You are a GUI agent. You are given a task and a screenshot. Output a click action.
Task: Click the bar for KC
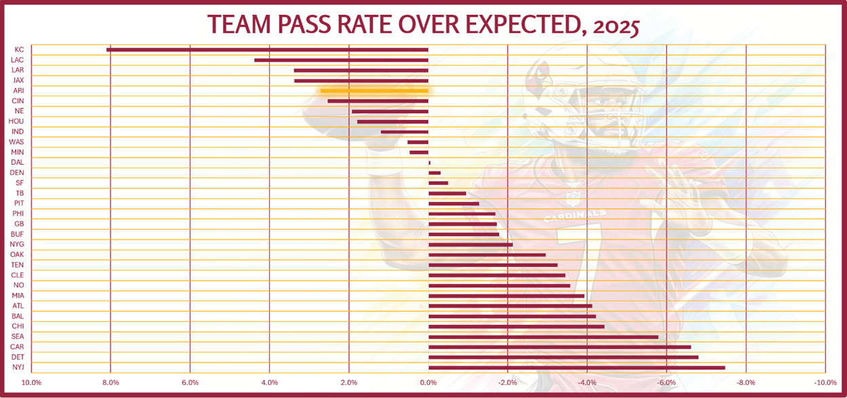point(267,49)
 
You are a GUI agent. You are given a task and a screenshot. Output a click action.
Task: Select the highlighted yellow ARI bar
point(374,91)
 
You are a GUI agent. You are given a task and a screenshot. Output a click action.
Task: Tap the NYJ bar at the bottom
point(576,367)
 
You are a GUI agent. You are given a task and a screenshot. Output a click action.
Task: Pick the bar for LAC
point(341,60)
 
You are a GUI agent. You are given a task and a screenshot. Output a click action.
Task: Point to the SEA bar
point(543,337)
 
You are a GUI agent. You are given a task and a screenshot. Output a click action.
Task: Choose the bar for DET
point(563,357)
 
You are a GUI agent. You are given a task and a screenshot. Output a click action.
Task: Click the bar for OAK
point(487,255)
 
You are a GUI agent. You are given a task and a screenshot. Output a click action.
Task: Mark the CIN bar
point(378,101)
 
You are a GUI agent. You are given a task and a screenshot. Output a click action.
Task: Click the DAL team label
point(18,163)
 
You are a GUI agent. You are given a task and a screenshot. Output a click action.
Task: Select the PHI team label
point(18,214)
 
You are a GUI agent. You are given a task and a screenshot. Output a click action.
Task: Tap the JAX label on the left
point(18,81)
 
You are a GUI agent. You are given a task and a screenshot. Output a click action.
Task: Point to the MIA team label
point(18,296)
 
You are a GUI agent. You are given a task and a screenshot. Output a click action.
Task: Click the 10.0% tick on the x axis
point(32,383)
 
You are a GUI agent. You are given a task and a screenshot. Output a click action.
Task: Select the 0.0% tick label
point(428,383)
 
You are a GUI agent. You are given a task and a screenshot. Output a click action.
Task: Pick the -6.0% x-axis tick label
point(666,383)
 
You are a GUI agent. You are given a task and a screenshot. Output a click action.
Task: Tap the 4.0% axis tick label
point(269,383)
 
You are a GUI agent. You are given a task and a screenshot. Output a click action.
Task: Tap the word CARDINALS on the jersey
point(574,216)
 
